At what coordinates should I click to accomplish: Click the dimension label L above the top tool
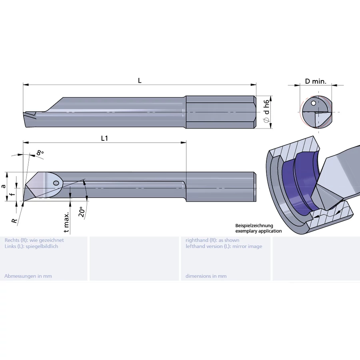[x=140, y=80]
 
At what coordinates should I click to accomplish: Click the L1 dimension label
[x=104, y=138]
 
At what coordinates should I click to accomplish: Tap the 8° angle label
[x=40, y=153]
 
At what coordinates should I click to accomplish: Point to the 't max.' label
[x=67, y=222]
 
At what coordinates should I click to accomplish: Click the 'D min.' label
[x=316, y=81]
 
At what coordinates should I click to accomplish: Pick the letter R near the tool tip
[x=14, y=220]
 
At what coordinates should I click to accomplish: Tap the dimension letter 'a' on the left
[x=4, y=186]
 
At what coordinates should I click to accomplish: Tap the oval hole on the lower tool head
[x=56, y=183]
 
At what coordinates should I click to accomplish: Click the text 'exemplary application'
[x=258, y=231]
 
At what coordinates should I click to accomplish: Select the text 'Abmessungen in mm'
[x=28, y=276]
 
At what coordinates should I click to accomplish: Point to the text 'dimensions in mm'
[x=206, y=276]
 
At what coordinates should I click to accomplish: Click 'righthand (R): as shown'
[x=212, y=240]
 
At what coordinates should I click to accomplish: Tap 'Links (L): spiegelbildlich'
[x=31, y=246]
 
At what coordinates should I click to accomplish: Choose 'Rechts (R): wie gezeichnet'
[x=34, y=240]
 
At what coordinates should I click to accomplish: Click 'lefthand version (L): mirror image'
[x=224, y=246]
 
